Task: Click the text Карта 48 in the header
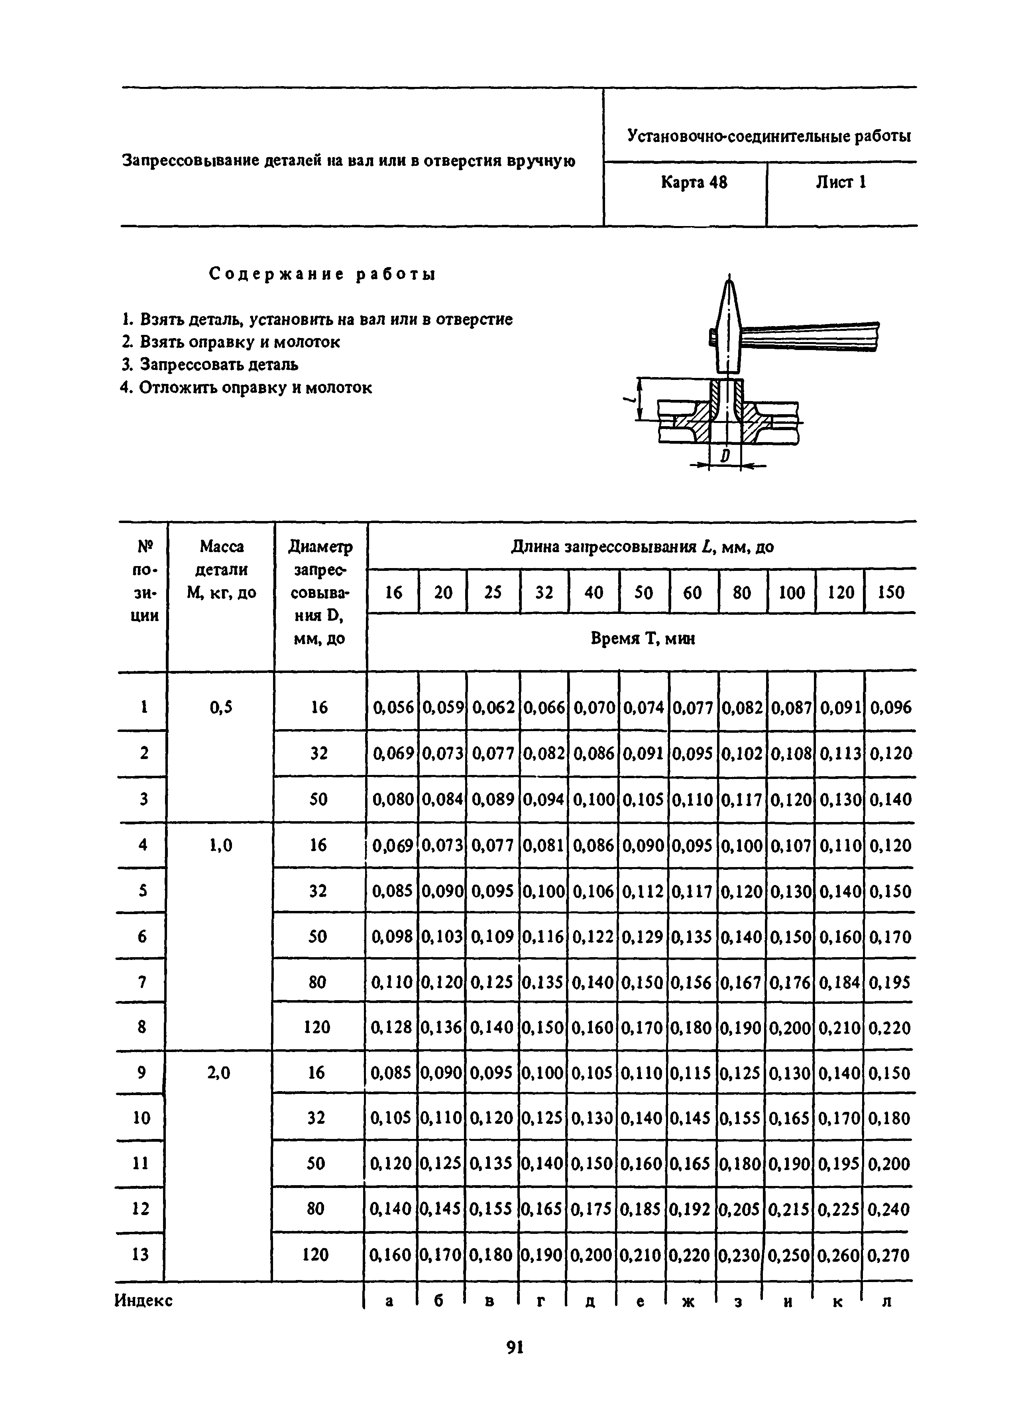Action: pyautogui.click(x=694, y=183)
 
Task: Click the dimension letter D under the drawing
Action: pyautogui.click(x=725, y=456)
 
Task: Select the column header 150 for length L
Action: pyautogui.click(x=890, y=592)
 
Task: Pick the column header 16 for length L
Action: pyautogui.click(x=393, y=592)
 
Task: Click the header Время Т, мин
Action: pyautogui.click(x=642, y=639)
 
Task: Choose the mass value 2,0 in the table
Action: pyautogui.click(x=218, y=1073)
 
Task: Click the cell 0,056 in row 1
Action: pyautogui.click(x=393, y=707)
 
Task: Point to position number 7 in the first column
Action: pyautogui.click(x=142, y=983)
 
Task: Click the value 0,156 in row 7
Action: pyautogui.click(x=692, y=983)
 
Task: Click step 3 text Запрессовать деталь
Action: pyautogui.click(x=210, y=365)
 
